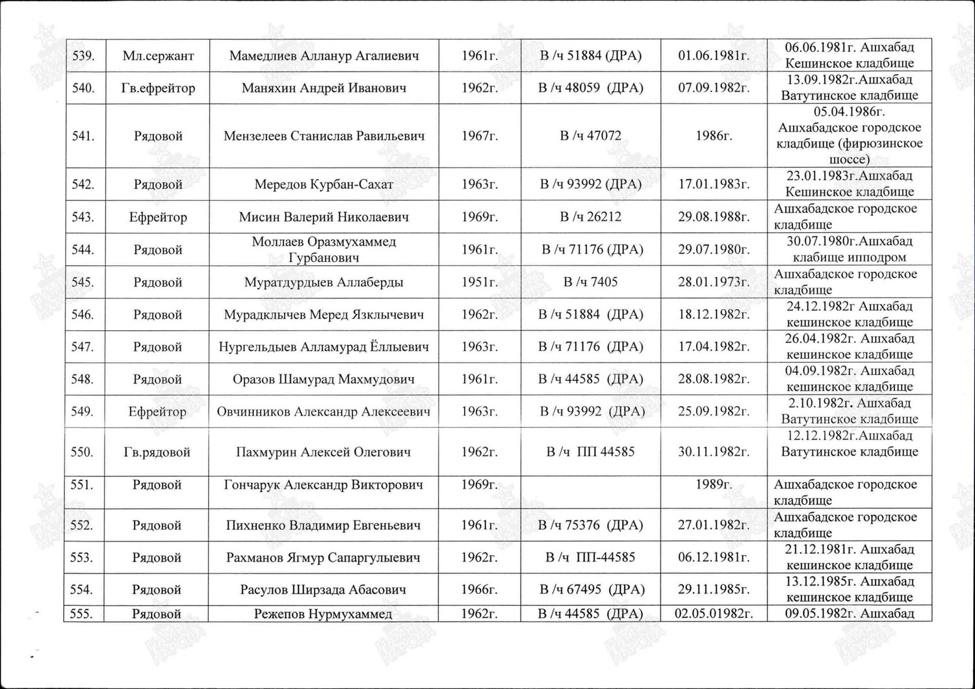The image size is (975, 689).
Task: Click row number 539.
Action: pyautogui.click(x=83, y=55)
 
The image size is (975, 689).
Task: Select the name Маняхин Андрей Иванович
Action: pyautogui.click(x=324, y=88)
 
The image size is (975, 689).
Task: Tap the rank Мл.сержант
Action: pyautogui.click(x=158, y=55)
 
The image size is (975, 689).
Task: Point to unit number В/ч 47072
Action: pyautogui.click(x=590, y=136)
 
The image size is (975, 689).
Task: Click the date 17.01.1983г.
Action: pyautogui.click(x=714, y=184)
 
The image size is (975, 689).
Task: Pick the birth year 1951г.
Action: pyautogui.click(x=479, y=282)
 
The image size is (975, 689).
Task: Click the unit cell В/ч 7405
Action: pyautogui.click(x=590, y=282)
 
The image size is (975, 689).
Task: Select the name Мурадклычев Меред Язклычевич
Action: pyautogui.click(x=324, y=315)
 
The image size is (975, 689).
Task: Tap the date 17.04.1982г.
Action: pyautogui.click(x=714, y=346)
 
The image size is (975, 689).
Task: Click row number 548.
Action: pyautogui.click(x=83, y=379)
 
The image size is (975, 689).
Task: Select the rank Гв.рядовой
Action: pyautogui.click(x=157, y=452)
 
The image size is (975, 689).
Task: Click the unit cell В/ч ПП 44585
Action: pyautogui.click(x=590, y=452)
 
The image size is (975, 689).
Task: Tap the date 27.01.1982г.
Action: pyautogui.click(x=714, y=525)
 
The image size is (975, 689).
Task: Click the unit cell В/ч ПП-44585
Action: pyautogui.click(x=590, y=557)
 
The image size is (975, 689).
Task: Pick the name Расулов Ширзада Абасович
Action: pyautogui.click(x=324, y=590)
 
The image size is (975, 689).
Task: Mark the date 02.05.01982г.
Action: pyautogui.click(x=714, y=614)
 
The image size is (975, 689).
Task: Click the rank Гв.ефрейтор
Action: pyautogui.click(x=158, y=88)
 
